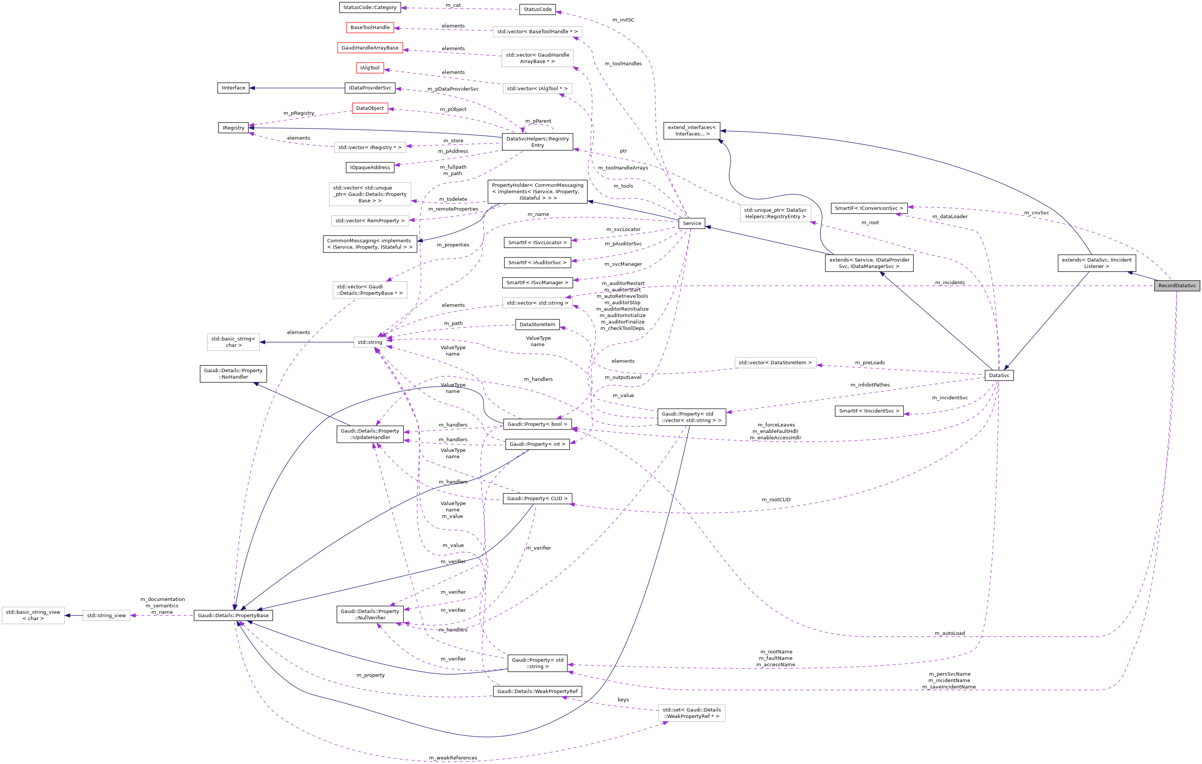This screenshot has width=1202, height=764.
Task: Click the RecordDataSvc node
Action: pos(1177,286)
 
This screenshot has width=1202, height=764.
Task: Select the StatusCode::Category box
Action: pos(370,8)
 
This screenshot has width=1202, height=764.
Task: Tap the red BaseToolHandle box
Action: pos(370,28)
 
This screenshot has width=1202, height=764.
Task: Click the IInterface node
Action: pos(234,88)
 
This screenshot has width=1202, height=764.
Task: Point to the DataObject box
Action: pos(370,108)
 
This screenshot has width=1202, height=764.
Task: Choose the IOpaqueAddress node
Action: pos(370,168)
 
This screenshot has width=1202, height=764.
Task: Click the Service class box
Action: pos(691,223)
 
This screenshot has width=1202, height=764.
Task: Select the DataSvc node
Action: pos(999,376)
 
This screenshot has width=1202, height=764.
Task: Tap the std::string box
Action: pos(370,342)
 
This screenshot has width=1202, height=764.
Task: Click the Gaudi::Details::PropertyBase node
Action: pos(233,616)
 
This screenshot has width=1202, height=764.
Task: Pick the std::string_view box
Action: pos(106,616)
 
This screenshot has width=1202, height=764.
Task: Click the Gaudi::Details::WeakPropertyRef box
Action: pos(537,692)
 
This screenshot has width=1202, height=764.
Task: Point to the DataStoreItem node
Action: pos(537,325)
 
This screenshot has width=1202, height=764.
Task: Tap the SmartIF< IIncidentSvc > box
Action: pos(869,411)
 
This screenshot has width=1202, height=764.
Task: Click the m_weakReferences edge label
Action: pos(453,758)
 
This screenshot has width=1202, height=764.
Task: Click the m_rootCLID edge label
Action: pos(776,500)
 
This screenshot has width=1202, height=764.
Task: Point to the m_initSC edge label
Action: pos(623,20)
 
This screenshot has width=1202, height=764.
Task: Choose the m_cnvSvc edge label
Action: pos(1036,213)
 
